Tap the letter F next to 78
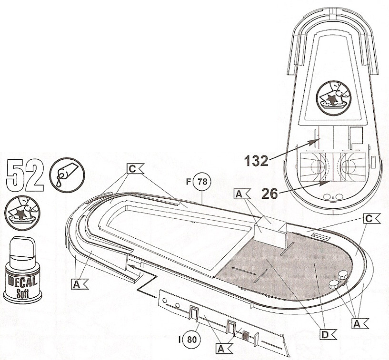point(189,183)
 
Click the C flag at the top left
point(135,169)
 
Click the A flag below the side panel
point(220,348)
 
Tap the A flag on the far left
point(78,283)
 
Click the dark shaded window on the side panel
point(246,335)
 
